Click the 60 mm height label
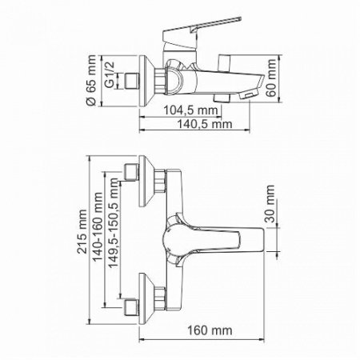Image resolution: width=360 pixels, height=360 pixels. [273, 74]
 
